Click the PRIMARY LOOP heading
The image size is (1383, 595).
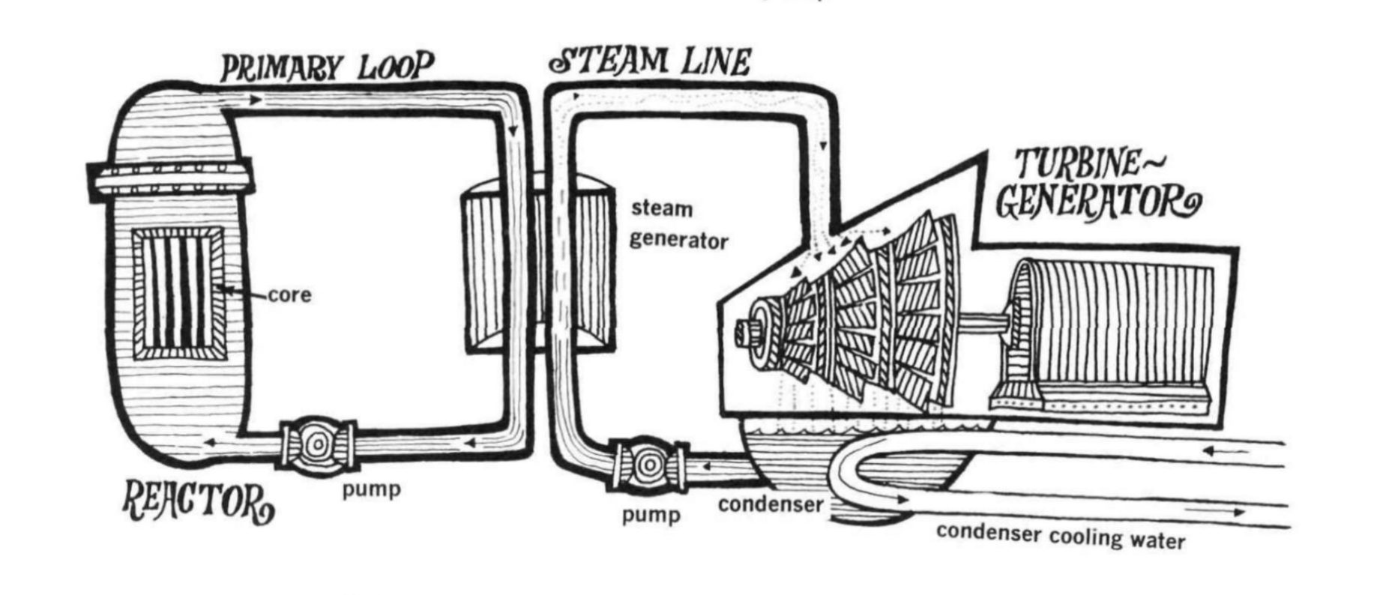tap(327, 68)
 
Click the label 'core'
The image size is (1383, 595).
tap(289, 295)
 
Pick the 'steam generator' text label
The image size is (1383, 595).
tap(678, 224)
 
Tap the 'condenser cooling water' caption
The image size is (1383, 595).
tap(1060, 535)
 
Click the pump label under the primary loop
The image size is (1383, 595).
tap(371, 490)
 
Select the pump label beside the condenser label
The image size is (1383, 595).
tap(651, 515)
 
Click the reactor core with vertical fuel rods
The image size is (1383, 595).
tap(178, 292)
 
